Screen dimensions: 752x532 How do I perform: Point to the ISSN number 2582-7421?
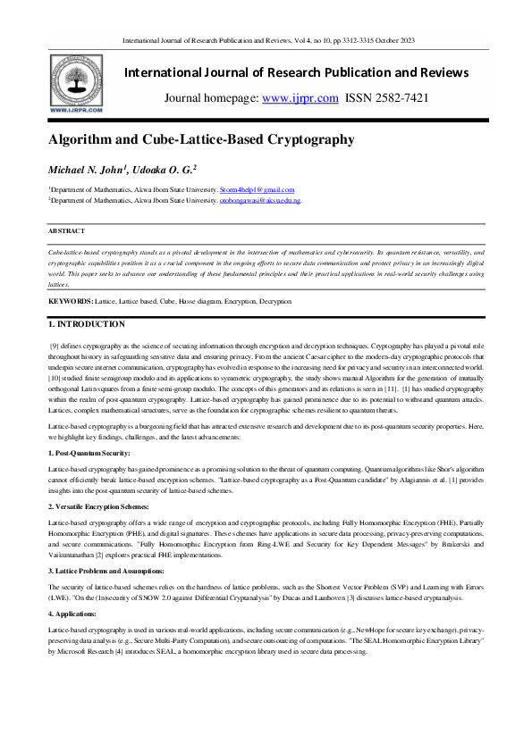click(400, 98)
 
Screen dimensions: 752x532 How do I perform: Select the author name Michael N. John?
click(89, 169)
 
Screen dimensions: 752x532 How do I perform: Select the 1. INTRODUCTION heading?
click(87, 323)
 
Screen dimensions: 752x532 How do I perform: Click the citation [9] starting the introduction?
click(55, 344)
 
